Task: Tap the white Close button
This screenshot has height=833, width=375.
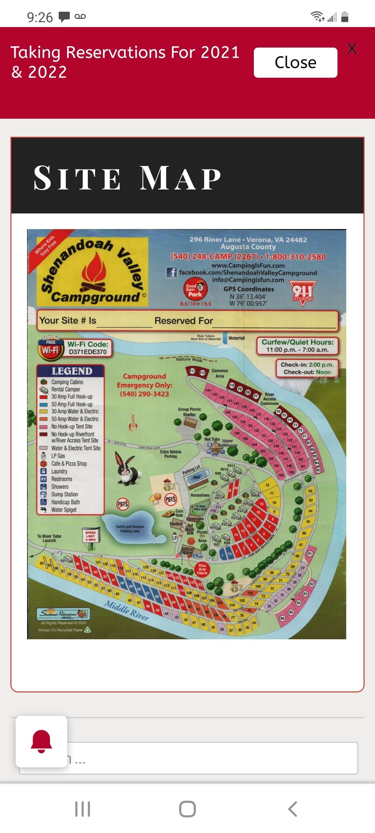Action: coord(295,62)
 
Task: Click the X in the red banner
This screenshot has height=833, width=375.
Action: coord(352,49)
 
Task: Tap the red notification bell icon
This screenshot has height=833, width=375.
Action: coord(41,741)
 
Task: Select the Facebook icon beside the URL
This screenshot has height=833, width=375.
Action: coord(172,272)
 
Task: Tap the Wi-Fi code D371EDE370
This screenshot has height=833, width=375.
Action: coord(87,352)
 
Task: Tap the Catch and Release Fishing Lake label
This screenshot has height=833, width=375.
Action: coord(130,529)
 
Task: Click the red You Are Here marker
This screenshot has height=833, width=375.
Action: coord(202,569)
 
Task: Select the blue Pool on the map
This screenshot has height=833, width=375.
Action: coord(197,477)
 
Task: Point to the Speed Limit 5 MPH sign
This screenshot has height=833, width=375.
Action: coord(91,536)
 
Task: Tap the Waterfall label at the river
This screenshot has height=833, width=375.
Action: coord(236,338)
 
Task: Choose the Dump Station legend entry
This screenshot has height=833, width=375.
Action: coord(64,494)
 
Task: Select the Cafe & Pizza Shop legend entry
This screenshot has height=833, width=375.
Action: coord(69,464)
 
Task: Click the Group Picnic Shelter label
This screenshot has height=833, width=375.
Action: coord(190,412)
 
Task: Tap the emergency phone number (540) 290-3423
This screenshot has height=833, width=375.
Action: coord(144,394)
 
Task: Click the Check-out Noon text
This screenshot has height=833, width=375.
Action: coord(307,372)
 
